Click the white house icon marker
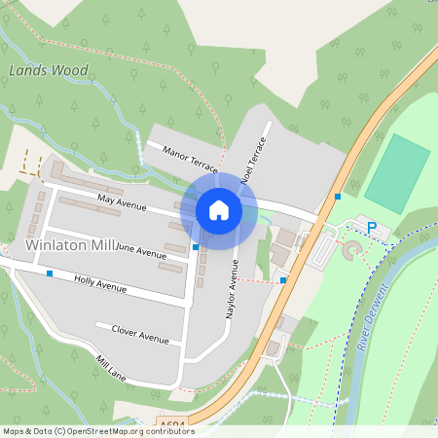[218, 209]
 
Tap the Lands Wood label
[48, 70]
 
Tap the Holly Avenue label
[101, 282]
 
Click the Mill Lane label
[111, 367]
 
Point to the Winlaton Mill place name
[70, 244]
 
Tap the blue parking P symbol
[371, 228]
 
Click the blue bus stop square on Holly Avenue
[50, 274]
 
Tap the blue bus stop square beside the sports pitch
[337, 197]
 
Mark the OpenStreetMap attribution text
[87, 430]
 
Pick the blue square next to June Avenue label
[196, 247]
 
